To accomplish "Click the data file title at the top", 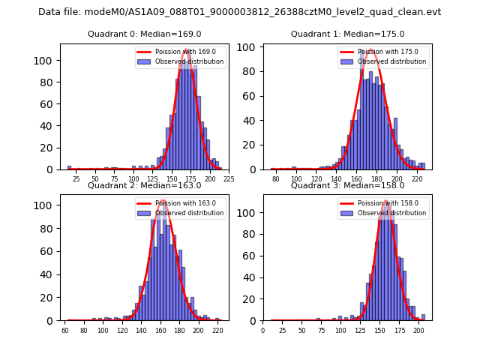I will click(240, 12).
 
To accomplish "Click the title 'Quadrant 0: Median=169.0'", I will click(145, 34).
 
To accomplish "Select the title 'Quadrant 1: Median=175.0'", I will click(348, 34).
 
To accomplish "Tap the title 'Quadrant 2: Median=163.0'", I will click(145, 185).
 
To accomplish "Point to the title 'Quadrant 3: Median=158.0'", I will click(348, 185).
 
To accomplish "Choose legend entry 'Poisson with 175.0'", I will click(382, 52).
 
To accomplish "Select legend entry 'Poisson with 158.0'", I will click(382, 203).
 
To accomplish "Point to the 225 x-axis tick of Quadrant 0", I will click(229, 179).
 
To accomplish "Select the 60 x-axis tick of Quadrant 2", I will click(65, 330).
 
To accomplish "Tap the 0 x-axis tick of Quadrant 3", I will click(263, 330).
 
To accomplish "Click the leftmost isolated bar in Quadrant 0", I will click(69, 168).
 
